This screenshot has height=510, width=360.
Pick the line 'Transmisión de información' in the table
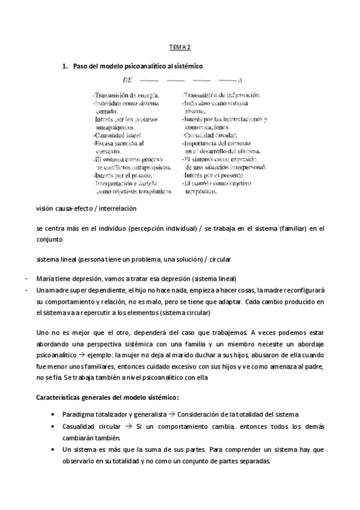(x=221, y=95)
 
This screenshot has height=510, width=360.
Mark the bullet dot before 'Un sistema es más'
(x=55, y=450)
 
